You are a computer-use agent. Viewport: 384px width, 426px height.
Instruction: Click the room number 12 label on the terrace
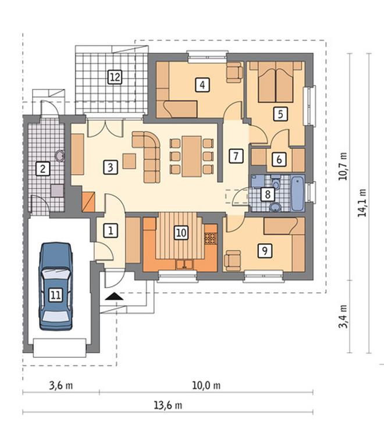[115, 77]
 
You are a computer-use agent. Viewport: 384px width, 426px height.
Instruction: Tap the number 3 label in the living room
[111, 167]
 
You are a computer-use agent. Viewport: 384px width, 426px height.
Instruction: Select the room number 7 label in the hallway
[236, 156]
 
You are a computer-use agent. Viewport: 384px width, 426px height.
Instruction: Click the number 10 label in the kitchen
[181, 233]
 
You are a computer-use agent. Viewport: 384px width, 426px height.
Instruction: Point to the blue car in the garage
[56, 286]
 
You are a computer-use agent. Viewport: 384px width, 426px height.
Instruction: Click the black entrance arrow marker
[114, 296]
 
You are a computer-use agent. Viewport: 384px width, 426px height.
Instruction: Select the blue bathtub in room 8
[298, 193]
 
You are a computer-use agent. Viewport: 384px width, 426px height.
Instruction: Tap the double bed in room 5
[276, 82]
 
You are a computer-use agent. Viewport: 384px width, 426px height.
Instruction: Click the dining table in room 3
[192, 157]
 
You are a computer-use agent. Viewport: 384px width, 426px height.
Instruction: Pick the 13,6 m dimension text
[168, 406]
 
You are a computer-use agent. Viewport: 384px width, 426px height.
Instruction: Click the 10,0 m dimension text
[207, 385]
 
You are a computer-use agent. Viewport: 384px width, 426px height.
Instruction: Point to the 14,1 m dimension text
[362, 203]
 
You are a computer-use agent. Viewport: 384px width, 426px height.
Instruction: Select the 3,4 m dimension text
[343, 316]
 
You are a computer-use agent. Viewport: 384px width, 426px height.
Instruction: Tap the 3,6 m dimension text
[61, 385]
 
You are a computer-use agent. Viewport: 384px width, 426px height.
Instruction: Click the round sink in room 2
[59, 156]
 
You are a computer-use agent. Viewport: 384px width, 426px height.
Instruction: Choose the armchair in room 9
[233, 261]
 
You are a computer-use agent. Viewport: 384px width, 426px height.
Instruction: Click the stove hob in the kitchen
[211, 238]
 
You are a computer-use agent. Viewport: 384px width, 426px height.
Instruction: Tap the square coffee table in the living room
[129, 161]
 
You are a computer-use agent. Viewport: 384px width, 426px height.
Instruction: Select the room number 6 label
[279, 159]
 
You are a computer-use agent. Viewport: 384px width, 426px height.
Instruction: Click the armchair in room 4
[234, 72]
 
